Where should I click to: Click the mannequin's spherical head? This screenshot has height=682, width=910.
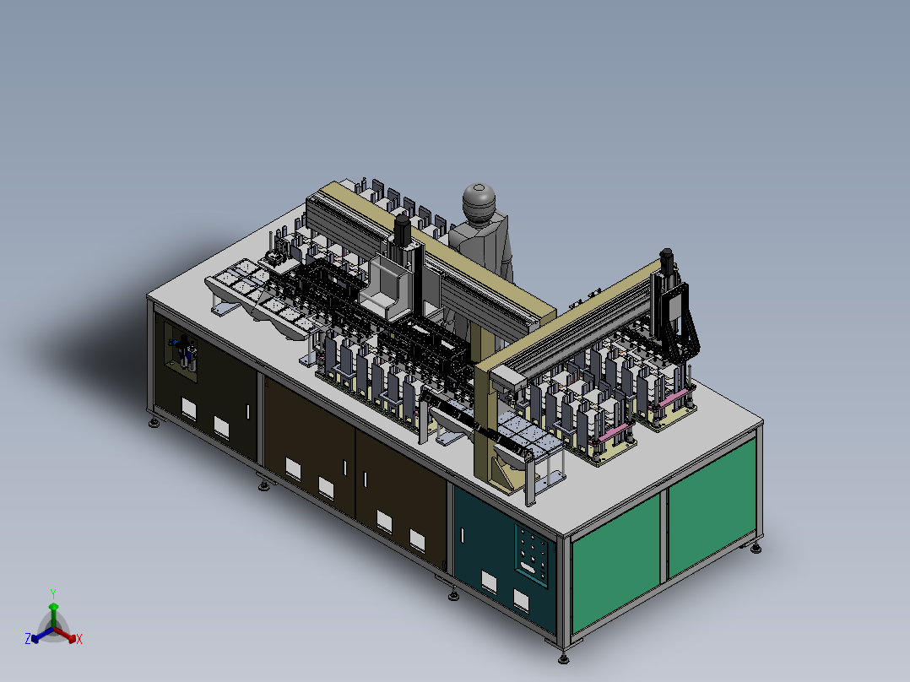(479, 201)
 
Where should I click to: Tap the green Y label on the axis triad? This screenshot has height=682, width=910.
(53, 594)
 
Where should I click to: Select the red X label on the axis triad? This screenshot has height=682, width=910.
(79, 639)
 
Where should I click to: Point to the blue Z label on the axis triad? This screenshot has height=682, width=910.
(28, 639)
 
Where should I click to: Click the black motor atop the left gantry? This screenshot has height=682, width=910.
(402, 230)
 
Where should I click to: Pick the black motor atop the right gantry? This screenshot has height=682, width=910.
(666, 262)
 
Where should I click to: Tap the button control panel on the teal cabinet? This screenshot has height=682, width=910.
(532, 555)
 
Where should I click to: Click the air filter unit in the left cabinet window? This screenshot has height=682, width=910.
(185, 352)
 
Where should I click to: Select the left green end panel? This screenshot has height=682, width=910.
(615, 562)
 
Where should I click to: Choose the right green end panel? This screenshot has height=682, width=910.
(712, 507)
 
